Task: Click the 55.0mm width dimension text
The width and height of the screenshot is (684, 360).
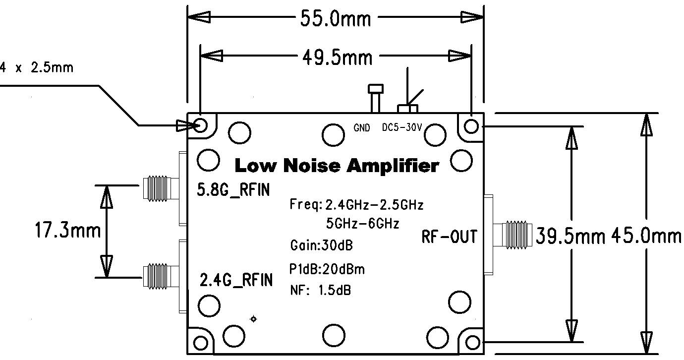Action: [x=336, y=19]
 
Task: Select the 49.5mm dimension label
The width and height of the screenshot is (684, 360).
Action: [x=337, y=58]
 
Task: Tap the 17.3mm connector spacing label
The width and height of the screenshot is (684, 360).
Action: [x=68, y=231]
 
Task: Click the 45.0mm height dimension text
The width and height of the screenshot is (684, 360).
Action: [x=646, y=236]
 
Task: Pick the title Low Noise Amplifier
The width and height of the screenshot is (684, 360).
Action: [x=337, y=166]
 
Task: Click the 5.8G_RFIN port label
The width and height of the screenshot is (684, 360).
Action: [x=234, y=189]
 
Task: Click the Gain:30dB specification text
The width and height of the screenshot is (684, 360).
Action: [x=322, y=245]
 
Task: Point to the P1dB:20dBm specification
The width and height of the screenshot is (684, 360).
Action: [x=327, y=269]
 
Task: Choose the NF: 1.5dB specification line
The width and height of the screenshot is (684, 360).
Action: [x=320, y=290]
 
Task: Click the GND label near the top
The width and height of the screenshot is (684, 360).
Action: [x=362, y=128]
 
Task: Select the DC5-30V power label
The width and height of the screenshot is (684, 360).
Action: [x=402, y=127]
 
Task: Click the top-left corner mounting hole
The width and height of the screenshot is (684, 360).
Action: [x=201, y=124]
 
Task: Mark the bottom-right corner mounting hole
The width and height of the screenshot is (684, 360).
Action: [x=471, y=342]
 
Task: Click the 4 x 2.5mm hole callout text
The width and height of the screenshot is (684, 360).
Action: [x=37, y=67]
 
